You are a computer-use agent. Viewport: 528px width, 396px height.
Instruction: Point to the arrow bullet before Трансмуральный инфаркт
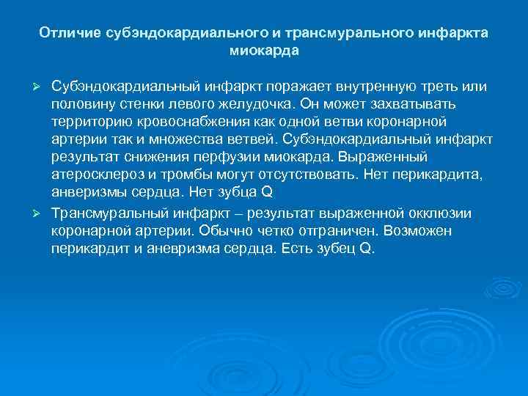tap(42, 213)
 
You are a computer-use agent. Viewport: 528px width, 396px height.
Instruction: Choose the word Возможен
tap(421, 230)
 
